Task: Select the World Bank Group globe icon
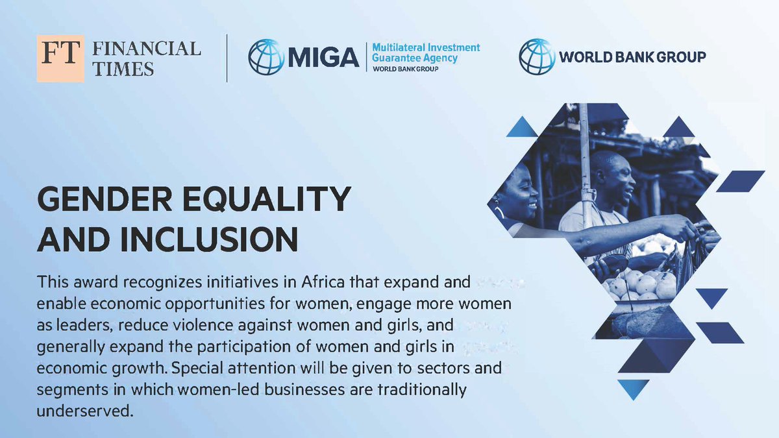coord(536,56)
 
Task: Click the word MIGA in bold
coord(323,58)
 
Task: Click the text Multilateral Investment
coord(425,48)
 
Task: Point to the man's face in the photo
coord(614,178)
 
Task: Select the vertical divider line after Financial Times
coord(227,58)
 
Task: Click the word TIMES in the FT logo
coord(123,69)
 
